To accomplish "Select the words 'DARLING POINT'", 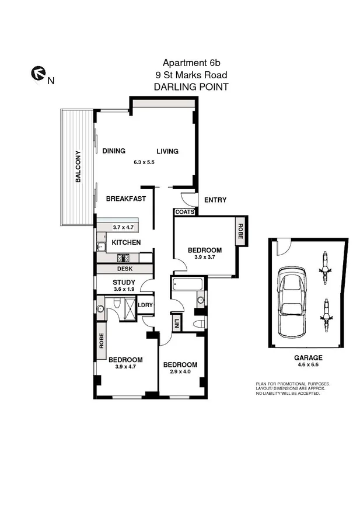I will click(190, 86).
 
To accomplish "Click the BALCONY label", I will click(78, 167).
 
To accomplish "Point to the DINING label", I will click(114, 151).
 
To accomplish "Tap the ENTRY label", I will click(215, 200).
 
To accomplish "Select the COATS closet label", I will click(185, 213).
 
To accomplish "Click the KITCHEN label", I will click(126, 242).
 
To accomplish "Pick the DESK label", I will click(124, 269).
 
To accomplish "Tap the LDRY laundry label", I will click(144, 304).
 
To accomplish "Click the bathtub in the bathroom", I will click(188, 284).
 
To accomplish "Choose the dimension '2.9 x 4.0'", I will click(180, 372).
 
